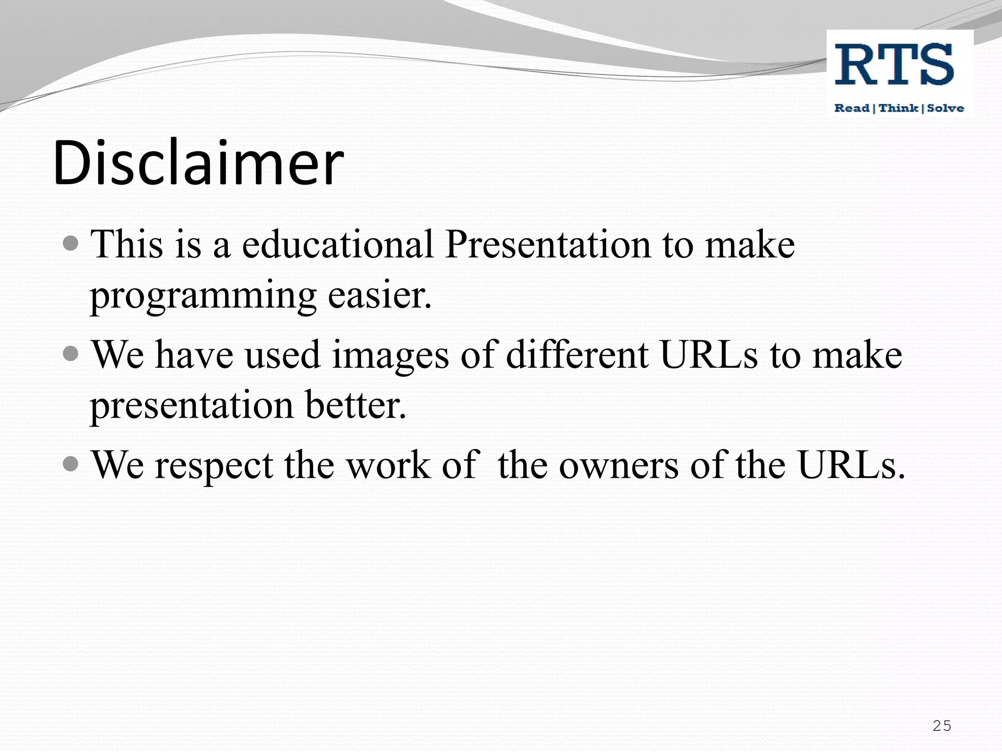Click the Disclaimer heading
pos(198,163)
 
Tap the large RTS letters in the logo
pos(894,64)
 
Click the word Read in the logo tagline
pos(852,108)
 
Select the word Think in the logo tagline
pos(898,108)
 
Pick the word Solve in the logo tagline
pos(945,108)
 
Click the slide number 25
pos(942,726)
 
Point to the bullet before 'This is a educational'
pos(71,243)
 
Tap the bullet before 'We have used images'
pos(71,353)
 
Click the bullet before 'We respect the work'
pos(71,463)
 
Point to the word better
pos(356,405)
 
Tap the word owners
pos(618,465)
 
